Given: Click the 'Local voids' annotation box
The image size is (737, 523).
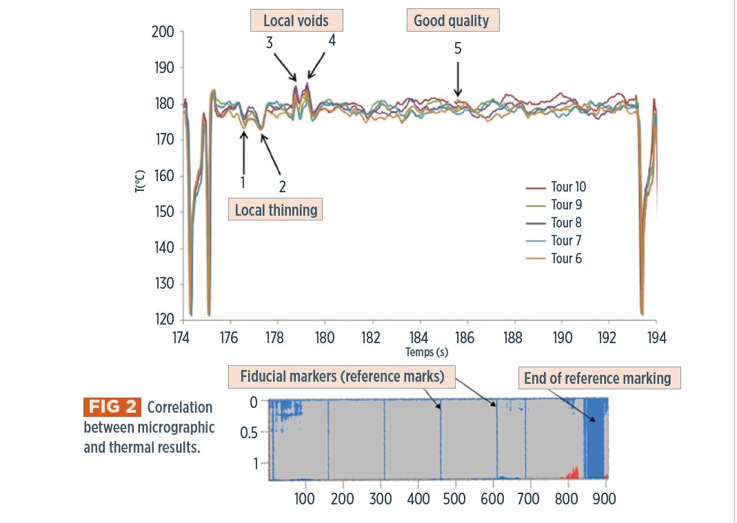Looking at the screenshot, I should [x=296, y=21].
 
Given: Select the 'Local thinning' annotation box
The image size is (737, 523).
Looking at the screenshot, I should [x=276, y=210].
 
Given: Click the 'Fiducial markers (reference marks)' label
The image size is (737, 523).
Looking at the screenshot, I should [x=342, y=377].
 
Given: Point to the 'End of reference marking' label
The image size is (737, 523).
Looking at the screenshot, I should [x=597, y=378].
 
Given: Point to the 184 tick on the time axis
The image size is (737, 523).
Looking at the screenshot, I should [x=418, y=338].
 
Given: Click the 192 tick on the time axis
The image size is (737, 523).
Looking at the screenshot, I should [x=607, y=338].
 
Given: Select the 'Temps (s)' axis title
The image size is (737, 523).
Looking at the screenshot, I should [x=426, y=352].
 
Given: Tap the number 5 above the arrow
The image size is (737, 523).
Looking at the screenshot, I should [x=458, y=48].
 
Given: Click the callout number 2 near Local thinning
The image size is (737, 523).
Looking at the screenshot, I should [x=282, y=186].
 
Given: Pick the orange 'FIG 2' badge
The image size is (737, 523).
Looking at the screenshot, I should [x=112, y=407].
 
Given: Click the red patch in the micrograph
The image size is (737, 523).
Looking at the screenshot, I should [x=571, y=473].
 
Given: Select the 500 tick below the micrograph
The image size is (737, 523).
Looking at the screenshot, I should [x=455, y=498].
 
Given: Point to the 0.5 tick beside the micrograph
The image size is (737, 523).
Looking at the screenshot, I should [x=250, y=433].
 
